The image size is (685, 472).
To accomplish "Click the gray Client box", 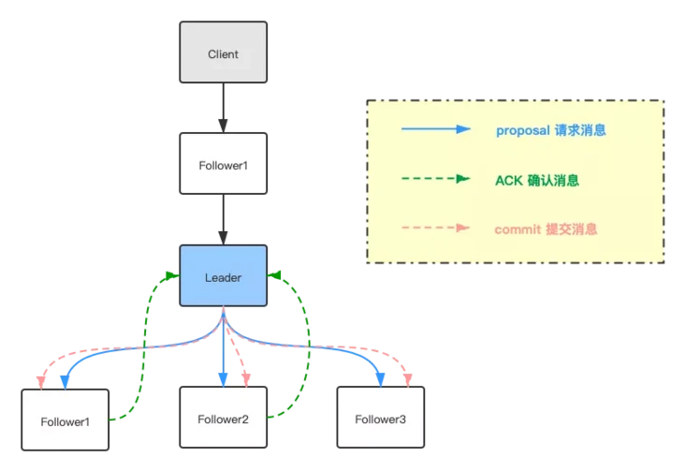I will click(223, 54).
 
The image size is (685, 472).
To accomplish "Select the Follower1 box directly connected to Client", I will click(223, 164).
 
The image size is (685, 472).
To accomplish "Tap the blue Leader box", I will click(223, 276).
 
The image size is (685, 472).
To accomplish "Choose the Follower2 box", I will click(223, 419).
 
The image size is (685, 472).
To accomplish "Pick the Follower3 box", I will click(380, 419).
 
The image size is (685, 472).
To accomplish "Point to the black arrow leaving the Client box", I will click(223, 107).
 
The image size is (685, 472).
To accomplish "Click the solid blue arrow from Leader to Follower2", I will click(223, 351).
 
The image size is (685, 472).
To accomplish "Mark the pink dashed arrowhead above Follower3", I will click(408, 379).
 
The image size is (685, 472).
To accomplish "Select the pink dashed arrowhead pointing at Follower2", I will click(246, 379).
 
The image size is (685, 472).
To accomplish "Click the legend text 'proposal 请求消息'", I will click(550, 130).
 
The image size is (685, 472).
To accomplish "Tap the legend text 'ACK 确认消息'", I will click(536, 180).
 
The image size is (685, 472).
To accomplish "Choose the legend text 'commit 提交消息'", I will click(546, 229).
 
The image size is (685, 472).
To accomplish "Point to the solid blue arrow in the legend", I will click(434, 130).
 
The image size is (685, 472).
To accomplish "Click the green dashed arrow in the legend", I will click(434, 179).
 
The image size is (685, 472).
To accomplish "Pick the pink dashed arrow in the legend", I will click(434, 228).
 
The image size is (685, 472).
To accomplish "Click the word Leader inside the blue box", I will click(223, 277).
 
